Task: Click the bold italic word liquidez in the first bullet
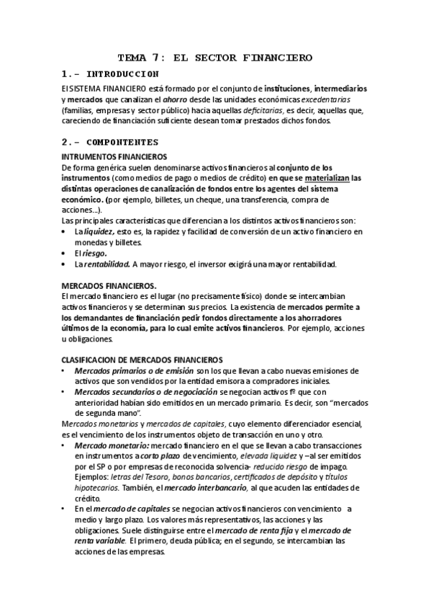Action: pyautogui.click(x=99, y=232)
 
